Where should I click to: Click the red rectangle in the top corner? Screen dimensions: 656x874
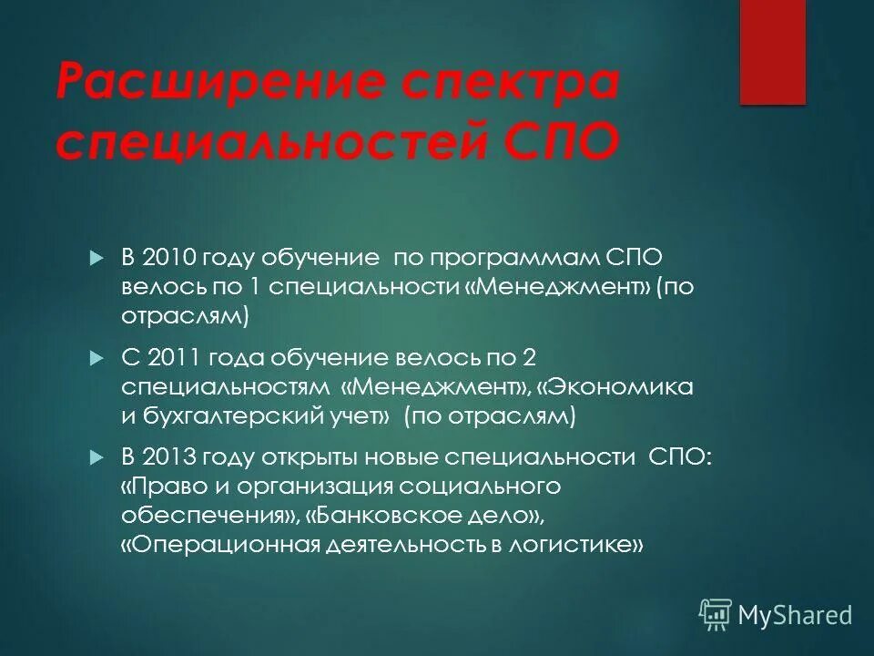pyautogui.click(x=772, y=52)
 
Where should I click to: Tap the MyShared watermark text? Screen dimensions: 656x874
pyautogui.click(x=795, y=615)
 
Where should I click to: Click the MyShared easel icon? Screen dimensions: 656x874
pyautogui.click(x=716, y=615)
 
